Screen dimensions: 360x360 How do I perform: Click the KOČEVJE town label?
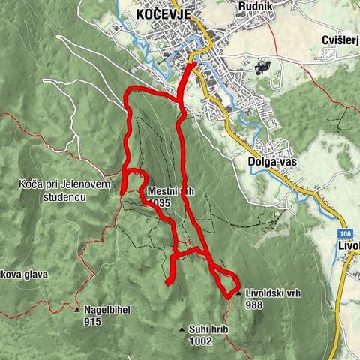click(163, 14)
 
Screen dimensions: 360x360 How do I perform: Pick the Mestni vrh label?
click(171, 192)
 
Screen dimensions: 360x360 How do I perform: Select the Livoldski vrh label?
click(273, 293)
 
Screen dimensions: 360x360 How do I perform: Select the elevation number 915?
click(92, 322)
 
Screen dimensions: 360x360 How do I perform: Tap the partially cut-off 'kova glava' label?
click(24, 274)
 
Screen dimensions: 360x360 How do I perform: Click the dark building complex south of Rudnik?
click(261, 68)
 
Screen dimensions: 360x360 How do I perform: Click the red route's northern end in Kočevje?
click(193, 64)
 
